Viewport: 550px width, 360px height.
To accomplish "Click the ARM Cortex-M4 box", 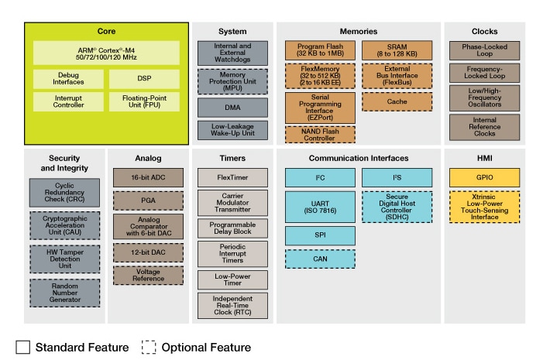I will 106,53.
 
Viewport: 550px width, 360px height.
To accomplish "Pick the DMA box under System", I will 232,107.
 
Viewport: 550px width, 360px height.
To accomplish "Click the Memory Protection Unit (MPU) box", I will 232,81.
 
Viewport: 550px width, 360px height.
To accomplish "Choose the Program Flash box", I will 319,50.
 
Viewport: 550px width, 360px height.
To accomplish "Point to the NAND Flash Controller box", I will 319,133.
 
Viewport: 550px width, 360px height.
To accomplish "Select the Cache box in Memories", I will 397,101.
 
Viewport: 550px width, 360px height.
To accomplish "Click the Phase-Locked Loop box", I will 485,50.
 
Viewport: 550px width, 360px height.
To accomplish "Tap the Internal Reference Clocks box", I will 485,126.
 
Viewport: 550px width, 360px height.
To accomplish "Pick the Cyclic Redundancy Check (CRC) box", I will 65,192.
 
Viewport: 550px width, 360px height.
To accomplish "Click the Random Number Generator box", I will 65,293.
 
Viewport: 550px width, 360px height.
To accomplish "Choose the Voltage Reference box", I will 147,275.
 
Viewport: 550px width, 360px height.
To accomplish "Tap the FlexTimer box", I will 232,178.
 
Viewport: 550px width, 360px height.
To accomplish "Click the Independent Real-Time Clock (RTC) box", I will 232,305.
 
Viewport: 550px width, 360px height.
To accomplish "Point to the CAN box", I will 319,259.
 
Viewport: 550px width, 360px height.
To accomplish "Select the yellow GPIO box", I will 485,177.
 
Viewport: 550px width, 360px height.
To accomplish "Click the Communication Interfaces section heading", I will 359,158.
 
